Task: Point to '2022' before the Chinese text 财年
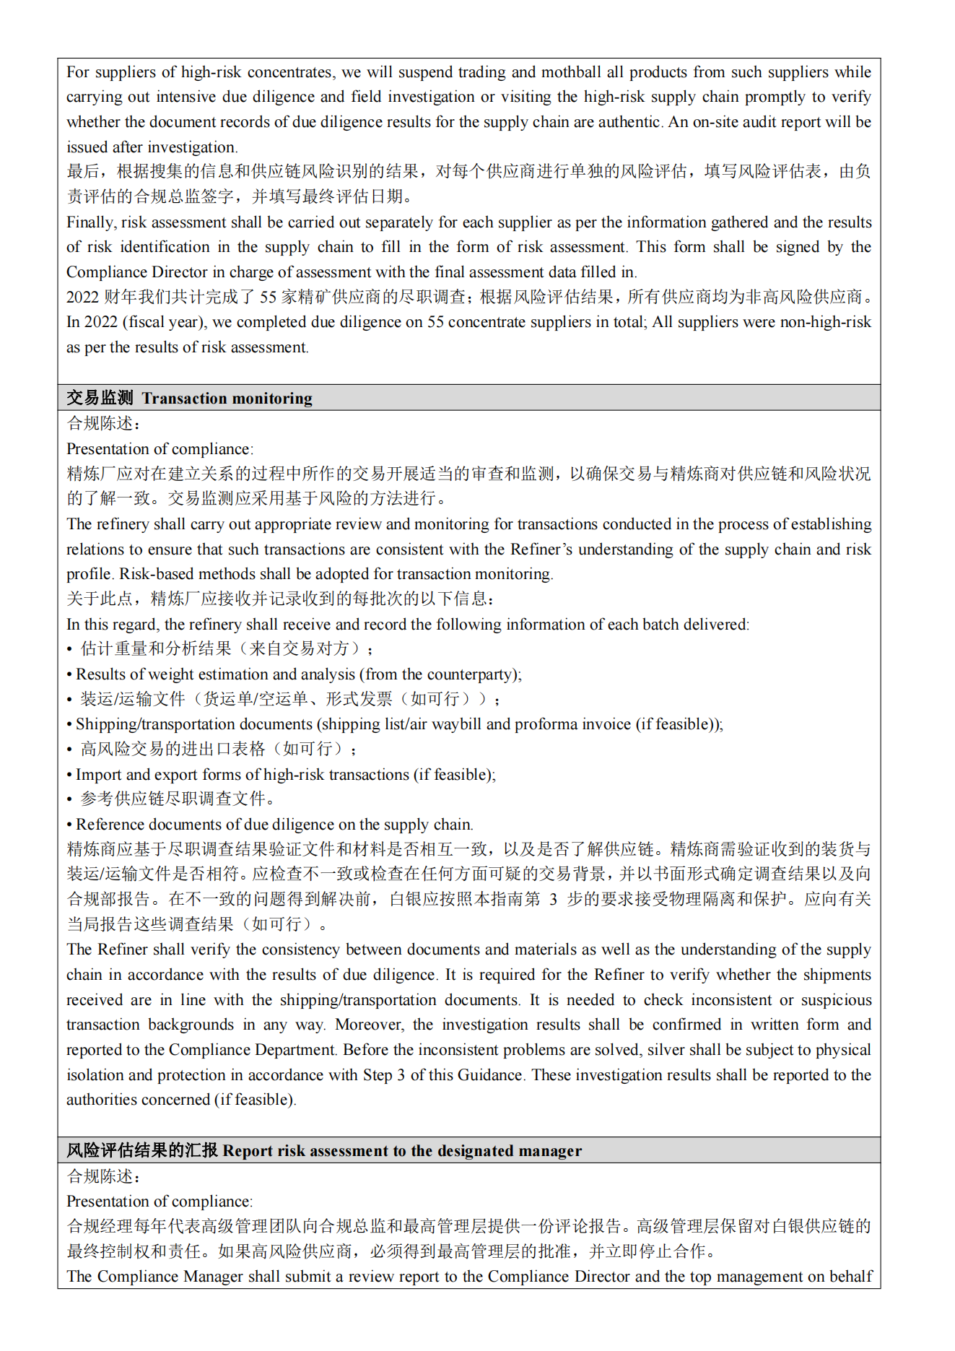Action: point(82,297)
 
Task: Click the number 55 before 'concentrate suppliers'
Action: point(436,322)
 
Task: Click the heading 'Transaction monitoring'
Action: point(227,398)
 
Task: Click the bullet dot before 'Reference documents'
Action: point(69,825)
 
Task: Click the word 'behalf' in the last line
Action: point(851,1277)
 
